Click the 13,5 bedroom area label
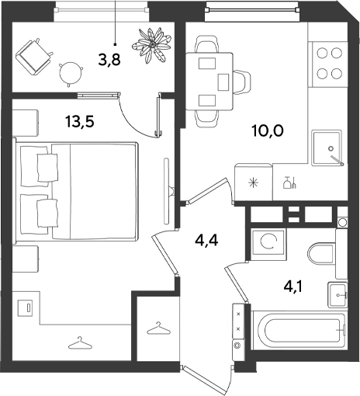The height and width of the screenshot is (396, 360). [80, 122]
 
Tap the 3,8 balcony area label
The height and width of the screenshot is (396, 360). [109, 60]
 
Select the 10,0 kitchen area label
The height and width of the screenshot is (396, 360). [268, 130]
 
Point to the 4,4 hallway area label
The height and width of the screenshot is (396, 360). [206, 241]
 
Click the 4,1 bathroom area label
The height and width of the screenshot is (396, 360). [293, 287]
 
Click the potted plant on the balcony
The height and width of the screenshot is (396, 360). [151, 45]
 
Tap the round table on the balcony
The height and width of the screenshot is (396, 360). [71, 73]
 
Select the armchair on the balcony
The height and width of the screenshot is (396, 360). [33, 57]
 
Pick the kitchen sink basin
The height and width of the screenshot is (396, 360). [327, 148]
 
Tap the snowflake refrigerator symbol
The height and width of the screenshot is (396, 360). [254, 182]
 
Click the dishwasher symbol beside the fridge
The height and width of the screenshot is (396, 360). [289, 182]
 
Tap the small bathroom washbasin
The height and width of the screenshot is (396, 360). [337, 295]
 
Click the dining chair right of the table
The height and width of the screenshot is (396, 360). [242, 82]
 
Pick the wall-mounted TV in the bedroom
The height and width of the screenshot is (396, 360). [168, 191]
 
